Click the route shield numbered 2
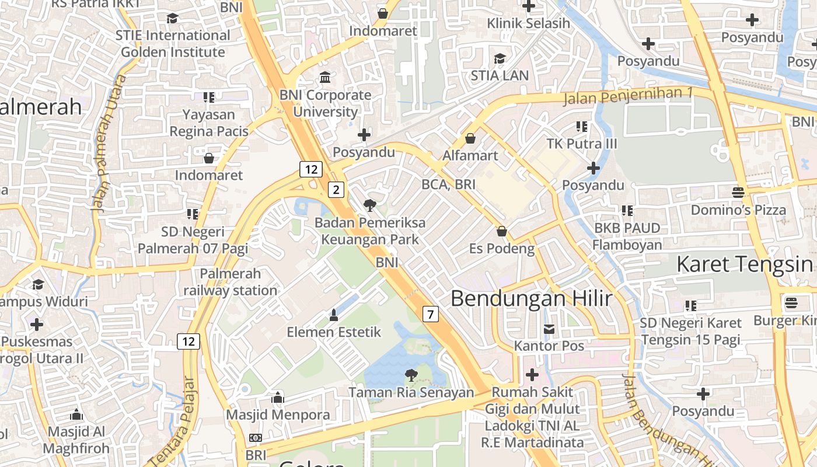[336, 189]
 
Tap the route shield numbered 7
[430, 314]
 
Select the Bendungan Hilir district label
[531, 299]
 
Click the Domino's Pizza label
[738, 210]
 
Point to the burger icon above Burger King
[791, 302]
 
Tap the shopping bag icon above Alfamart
[470, 138]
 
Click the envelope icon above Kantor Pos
[549, 329]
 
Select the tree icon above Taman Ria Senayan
[411, 375]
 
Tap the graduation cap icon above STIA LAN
[500, 58]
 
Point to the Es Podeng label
[502, 249]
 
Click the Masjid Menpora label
[278, 415]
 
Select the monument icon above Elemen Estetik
[334, 315]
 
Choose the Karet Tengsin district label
[745, 264]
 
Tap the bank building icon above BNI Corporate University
[325, 77]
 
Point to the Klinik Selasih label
[528, 23]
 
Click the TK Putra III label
[581, 144]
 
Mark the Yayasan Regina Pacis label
[208, 123]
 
